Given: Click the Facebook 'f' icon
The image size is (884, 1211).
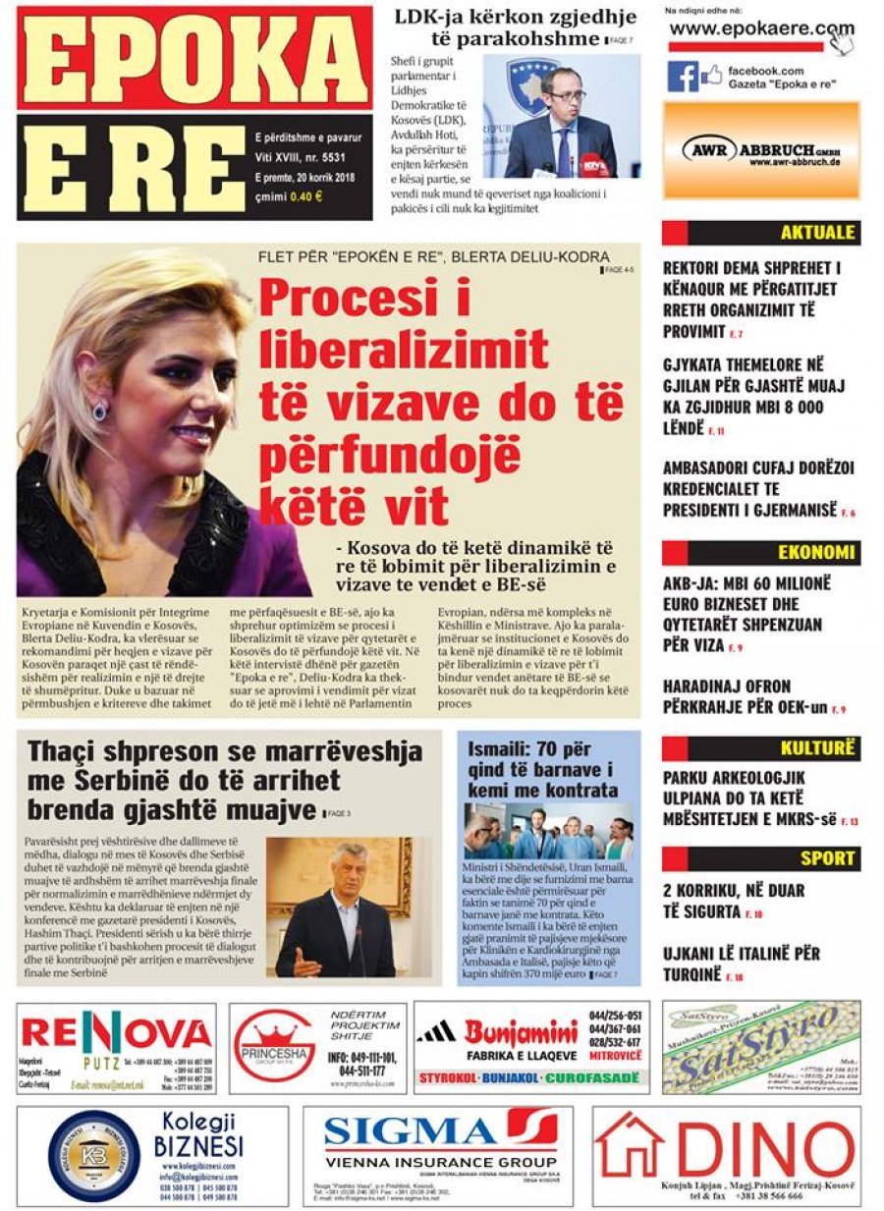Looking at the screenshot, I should pyautogui.click(x=683, y=77).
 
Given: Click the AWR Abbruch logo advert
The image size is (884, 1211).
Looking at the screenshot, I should pyautogui.click(x=761, y=150).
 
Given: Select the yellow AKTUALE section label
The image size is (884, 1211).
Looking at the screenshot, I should pyautogui.click(x=817, y=234).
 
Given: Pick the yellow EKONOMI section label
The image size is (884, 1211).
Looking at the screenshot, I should pyautogui.click(x=816, y=552).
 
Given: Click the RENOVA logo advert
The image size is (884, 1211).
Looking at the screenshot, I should pyautogui.click(x=116, y=1033).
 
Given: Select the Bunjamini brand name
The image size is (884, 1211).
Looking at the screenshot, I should pyautogui.click(x=521, y=1033).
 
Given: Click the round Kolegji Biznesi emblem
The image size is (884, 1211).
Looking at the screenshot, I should pyautogui.click(x=93, y=1156).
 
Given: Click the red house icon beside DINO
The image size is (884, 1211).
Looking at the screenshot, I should pyautogui.click(x=630, y=1145).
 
